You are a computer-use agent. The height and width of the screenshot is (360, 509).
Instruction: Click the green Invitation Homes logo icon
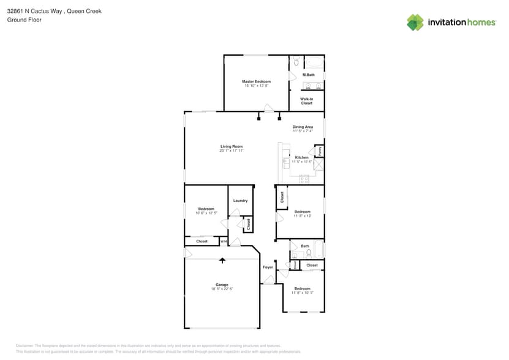(x=415, y=22)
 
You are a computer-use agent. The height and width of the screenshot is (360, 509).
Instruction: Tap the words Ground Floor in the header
(x=24, y=20)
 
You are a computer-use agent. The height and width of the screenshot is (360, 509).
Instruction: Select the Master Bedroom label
(x=256, y=81)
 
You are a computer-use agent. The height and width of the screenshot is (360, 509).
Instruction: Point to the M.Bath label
(x=308, y=75)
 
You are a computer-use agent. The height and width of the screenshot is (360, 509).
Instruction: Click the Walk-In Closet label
(x=306, y=101)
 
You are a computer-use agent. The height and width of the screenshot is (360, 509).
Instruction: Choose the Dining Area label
(x=303, y=127)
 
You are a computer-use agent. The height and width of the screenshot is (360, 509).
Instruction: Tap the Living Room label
(x=232, y=146)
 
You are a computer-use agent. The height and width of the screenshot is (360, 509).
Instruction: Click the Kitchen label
(x=302, y=157)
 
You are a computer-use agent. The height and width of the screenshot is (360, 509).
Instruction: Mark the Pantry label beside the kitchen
(x=320, y=150)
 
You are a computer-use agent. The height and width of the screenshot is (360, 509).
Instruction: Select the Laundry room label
(x=240, y=201)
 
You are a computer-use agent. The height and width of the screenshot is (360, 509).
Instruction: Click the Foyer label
(x=268, y=268)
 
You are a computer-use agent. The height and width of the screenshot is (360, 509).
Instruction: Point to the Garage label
(x=222, y=285)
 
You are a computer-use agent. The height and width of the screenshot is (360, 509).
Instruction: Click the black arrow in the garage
(x=222, y=260)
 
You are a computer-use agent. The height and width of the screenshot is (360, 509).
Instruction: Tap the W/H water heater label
(x=224, y=241)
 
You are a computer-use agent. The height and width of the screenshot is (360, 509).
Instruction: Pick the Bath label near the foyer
(x=305, y=246)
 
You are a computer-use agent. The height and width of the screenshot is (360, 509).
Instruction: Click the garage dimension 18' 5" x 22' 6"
(x=222, y=289)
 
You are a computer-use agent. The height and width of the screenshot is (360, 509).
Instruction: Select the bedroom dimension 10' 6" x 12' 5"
(x=206, y=213)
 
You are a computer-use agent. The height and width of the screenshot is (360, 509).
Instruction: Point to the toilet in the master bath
(x=295, y=61)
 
